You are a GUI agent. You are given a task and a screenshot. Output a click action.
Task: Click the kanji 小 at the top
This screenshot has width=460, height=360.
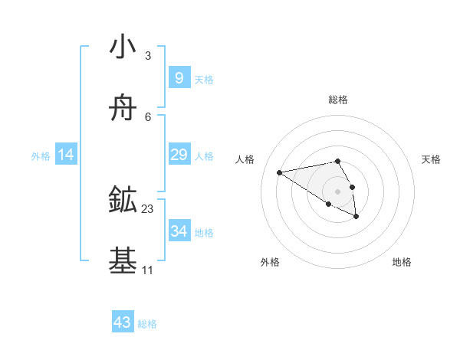(x=123, y=47)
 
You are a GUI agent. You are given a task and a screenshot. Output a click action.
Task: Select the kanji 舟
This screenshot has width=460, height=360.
(x=123, y=108)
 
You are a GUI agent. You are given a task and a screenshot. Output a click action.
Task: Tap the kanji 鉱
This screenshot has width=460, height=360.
(x=123, y=201)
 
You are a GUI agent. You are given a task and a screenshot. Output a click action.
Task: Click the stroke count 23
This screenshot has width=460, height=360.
(x=148, y=209)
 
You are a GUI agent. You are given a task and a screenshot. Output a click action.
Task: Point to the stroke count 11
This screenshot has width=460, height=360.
(x=147, y=270)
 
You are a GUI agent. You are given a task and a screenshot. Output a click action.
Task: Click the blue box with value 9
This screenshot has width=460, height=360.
(x=179, y=78)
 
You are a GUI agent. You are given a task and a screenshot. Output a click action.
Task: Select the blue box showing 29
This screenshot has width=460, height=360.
(x=179, y=155)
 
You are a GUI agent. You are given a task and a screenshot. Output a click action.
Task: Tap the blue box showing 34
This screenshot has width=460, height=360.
(x=179, y=231)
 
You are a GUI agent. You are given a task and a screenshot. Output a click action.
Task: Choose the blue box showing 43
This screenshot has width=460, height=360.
(x=123, y=322)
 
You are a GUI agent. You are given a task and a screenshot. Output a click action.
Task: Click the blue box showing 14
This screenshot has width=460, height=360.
(x=66, y=155)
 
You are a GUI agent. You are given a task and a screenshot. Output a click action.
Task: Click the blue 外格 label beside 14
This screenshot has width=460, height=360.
(x=41, y=156)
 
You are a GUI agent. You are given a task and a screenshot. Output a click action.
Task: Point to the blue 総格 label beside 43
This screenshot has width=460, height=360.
(x=147, y=324)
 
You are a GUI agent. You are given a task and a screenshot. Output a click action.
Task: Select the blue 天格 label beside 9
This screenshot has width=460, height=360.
(x=204, y=80)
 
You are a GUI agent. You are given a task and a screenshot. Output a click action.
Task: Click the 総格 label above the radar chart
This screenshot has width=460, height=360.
(x=338, y=100)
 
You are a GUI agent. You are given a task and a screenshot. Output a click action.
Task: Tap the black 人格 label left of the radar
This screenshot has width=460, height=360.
(x=245, y=159)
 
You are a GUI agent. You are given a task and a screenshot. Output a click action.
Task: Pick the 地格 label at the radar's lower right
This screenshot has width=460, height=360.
(x=402, y=262)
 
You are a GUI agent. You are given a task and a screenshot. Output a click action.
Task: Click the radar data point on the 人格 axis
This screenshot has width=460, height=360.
(x=280, y=172)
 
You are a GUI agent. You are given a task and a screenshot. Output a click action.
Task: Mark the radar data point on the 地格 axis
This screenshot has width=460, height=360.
(x=356, y=217)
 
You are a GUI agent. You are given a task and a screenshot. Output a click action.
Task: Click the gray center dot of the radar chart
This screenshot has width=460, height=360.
(x=337, y=191)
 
